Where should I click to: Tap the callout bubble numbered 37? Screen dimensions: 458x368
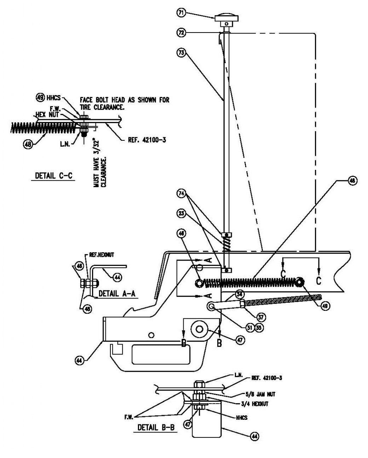(x=261, y=318)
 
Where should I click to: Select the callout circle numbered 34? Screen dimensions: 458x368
(x=240, y=294)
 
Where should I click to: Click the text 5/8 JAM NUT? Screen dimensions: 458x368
(x=260, y=394)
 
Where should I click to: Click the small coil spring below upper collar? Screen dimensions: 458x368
(x=226, y=244)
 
